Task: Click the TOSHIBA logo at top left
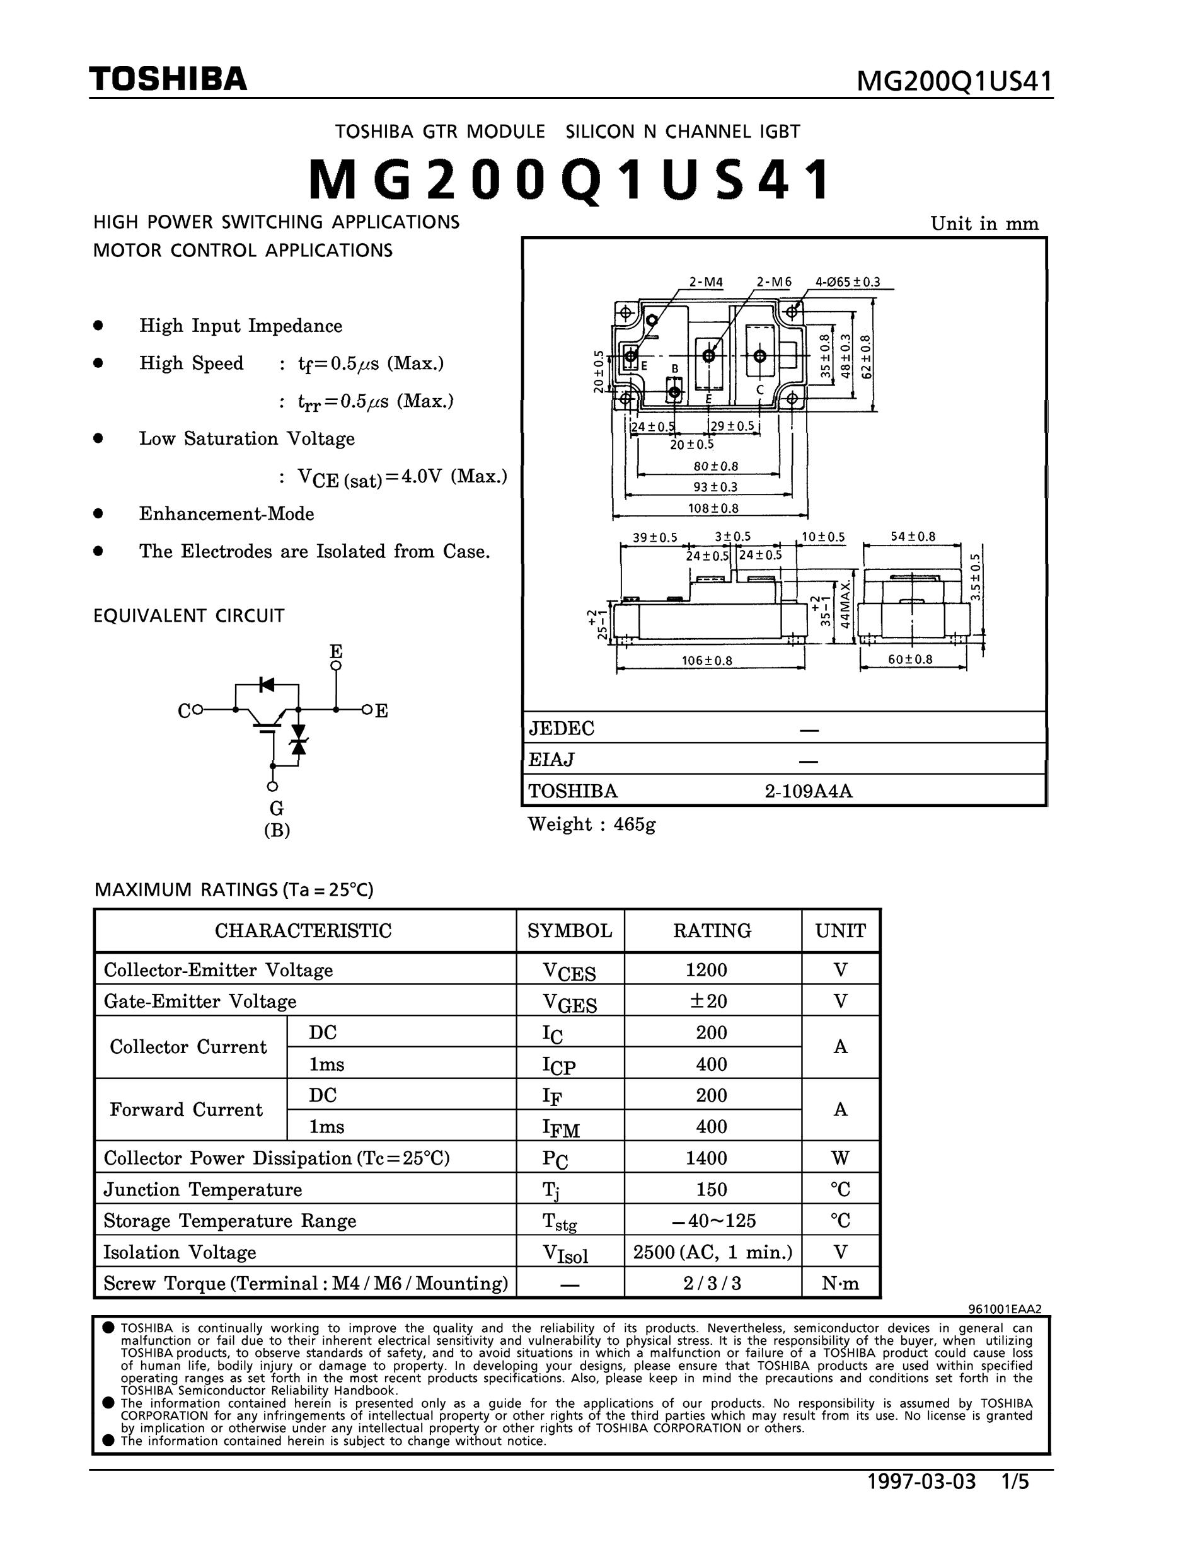click(168, 79)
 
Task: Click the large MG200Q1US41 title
click(569, 179)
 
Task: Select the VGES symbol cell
click(569, 1002)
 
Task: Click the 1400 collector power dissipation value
click(707, 1158)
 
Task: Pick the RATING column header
click(712, 930)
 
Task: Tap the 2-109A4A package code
click(808, 791)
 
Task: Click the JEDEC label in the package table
click(562, 728)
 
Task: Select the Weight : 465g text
click(591, 824)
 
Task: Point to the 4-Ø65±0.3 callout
click(848, 282)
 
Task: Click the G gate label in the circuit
click(277, 808)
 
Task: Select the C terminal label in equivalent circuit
click(184, 710)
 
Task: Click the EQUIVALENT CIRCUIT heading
click(189, 615)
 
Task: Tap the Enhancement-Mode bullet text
click(226, 513)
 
